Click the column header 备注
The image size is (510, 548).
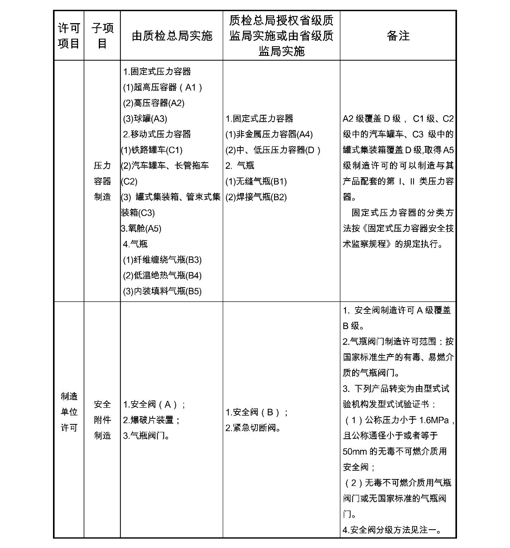(x=398, y=36)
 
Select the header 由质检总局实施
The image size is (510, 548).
(x=172, y=36)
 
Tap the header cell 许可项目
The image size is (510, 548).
(x=69, y=35)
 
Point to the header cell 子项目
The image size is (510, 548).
(x=102, y=35)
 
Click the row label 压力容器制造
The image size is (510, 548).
(x=102, y=181)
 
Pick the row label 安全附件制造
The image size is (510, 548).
(x=102, y=420)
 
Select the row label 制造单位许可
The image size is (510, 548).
(x=69, y=412)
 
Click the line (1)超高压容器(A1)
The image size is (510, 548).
(x=163, y=87)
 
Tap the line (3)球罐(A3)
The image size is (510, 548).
(x=145, y=118)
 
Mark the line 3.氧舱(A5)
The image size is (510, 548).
(x=141, y=229)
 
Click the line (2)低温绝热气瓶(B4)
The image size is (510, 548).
(x=162, y=276)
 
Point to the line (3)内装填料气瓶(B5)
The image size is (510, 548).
(x=162, y=291)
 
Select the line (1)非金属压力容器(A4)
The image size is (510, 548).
(x=269, y=134)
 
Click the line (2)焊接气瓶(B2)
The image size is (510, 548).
(x=256, y=197)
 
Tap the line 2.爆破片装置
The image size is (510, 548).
(x=151, y=420)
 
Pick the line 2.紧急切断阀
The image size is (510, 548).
(x=254, y=428)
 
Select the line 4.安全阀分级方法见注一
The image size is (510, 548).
(x=392, y=530)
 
